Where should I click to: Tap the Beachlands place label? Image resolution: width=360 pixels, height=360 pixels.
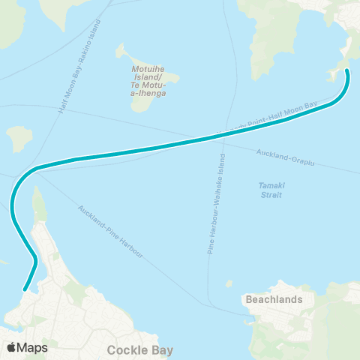coord(274,299)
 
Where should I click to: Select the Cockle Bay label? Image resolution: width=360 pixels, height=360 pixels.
coord(140,349)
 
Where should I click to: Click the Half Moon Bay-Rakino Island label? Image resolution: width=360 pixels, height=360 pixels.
coord(78,67)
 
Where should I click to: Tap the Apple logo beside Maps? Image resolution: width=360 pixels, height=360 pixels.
coord(11,347)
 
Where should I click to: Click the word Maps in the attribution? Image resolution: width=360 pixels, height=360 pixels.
coord(32,347)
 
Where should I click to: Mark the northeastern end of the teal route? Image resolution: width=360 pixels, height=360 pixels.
coord(347,71)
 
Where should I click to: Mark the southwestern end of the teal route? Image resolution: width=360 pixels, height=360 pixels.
coord(25,289)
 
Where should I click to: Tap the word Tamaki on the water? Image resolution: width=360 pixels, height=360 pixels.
coord(268,185)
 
